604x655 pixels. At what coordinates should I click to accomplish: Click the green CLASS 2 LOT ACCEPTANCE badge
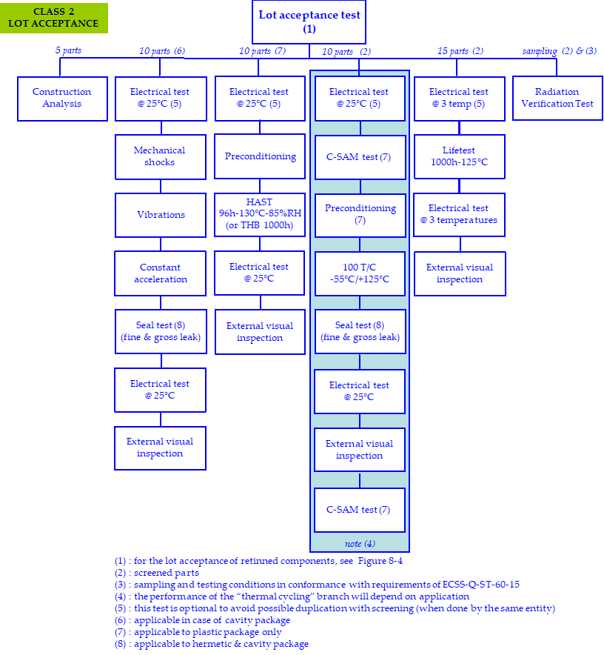(x=54, y=18)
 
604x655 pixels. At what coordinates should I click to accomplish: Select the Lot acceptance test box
(x=309, y=21)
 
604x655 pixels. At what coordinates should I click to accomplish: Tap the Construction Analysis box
(x=61, y=98)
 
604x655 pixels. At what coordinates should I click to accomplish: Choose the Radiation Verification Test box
(x=557, y=98)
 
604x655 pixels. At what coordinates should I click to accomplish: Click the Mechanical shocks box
(x=160, y=156)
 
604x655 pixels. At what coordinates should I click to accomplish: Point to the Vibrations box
(x=160, y=215)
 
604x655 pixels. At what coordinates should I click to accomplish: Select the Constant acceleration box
(x=160, y=273)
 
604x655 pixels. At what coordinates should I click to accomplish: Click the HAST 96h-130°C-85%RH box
(x=260, y=214)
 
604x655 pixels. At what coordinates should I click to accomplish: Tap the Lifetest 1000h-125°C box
(x=459, y=156)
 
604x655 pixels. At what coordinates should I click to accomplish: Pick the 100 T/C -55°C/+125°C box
(x=360, y=273)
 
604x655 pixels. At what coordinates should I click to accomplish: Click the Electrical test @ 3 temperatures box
(x=459, y=214)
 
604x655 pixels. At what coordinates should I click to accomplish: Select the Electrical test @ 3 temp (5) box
(x=459, y=98)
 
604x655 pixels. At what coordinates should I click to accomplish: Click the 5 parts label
(x=68, y=51)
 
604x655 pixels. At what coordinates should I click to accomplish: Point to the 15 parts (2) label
(x=460, y=51)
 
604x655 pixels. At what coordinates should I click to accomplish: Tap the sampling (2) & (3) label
(x=559, y=51)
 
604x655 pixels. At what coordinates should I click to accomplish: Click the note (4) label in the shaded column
(x=360, y=544)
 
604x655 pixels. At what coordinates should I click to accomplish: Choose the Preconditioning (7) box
(x=360, y=214)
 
